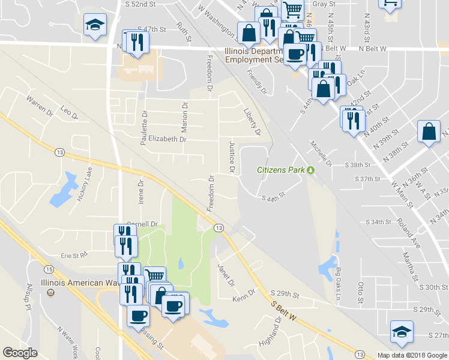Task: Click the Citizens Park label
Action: click(x=281, y=170)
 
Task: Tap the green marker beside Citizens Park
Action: click(x=311, y=170)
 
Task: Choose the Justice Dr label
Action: click(x=231, y=158)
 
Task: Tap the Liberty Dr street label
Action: click(x=252, y=121)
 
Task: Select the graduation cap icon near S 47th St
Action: click(x=95, y=25)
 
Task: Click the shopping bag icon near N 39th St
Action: click(x=430, y=132)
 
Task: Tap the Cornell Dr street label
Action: click(x=142, y=224)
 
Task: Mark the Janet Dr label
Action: click(x=226, y=274)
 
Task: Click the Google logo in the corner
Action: click(x=20, y=353)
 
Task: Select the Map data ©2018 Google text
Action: click(x=412, y=355)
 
